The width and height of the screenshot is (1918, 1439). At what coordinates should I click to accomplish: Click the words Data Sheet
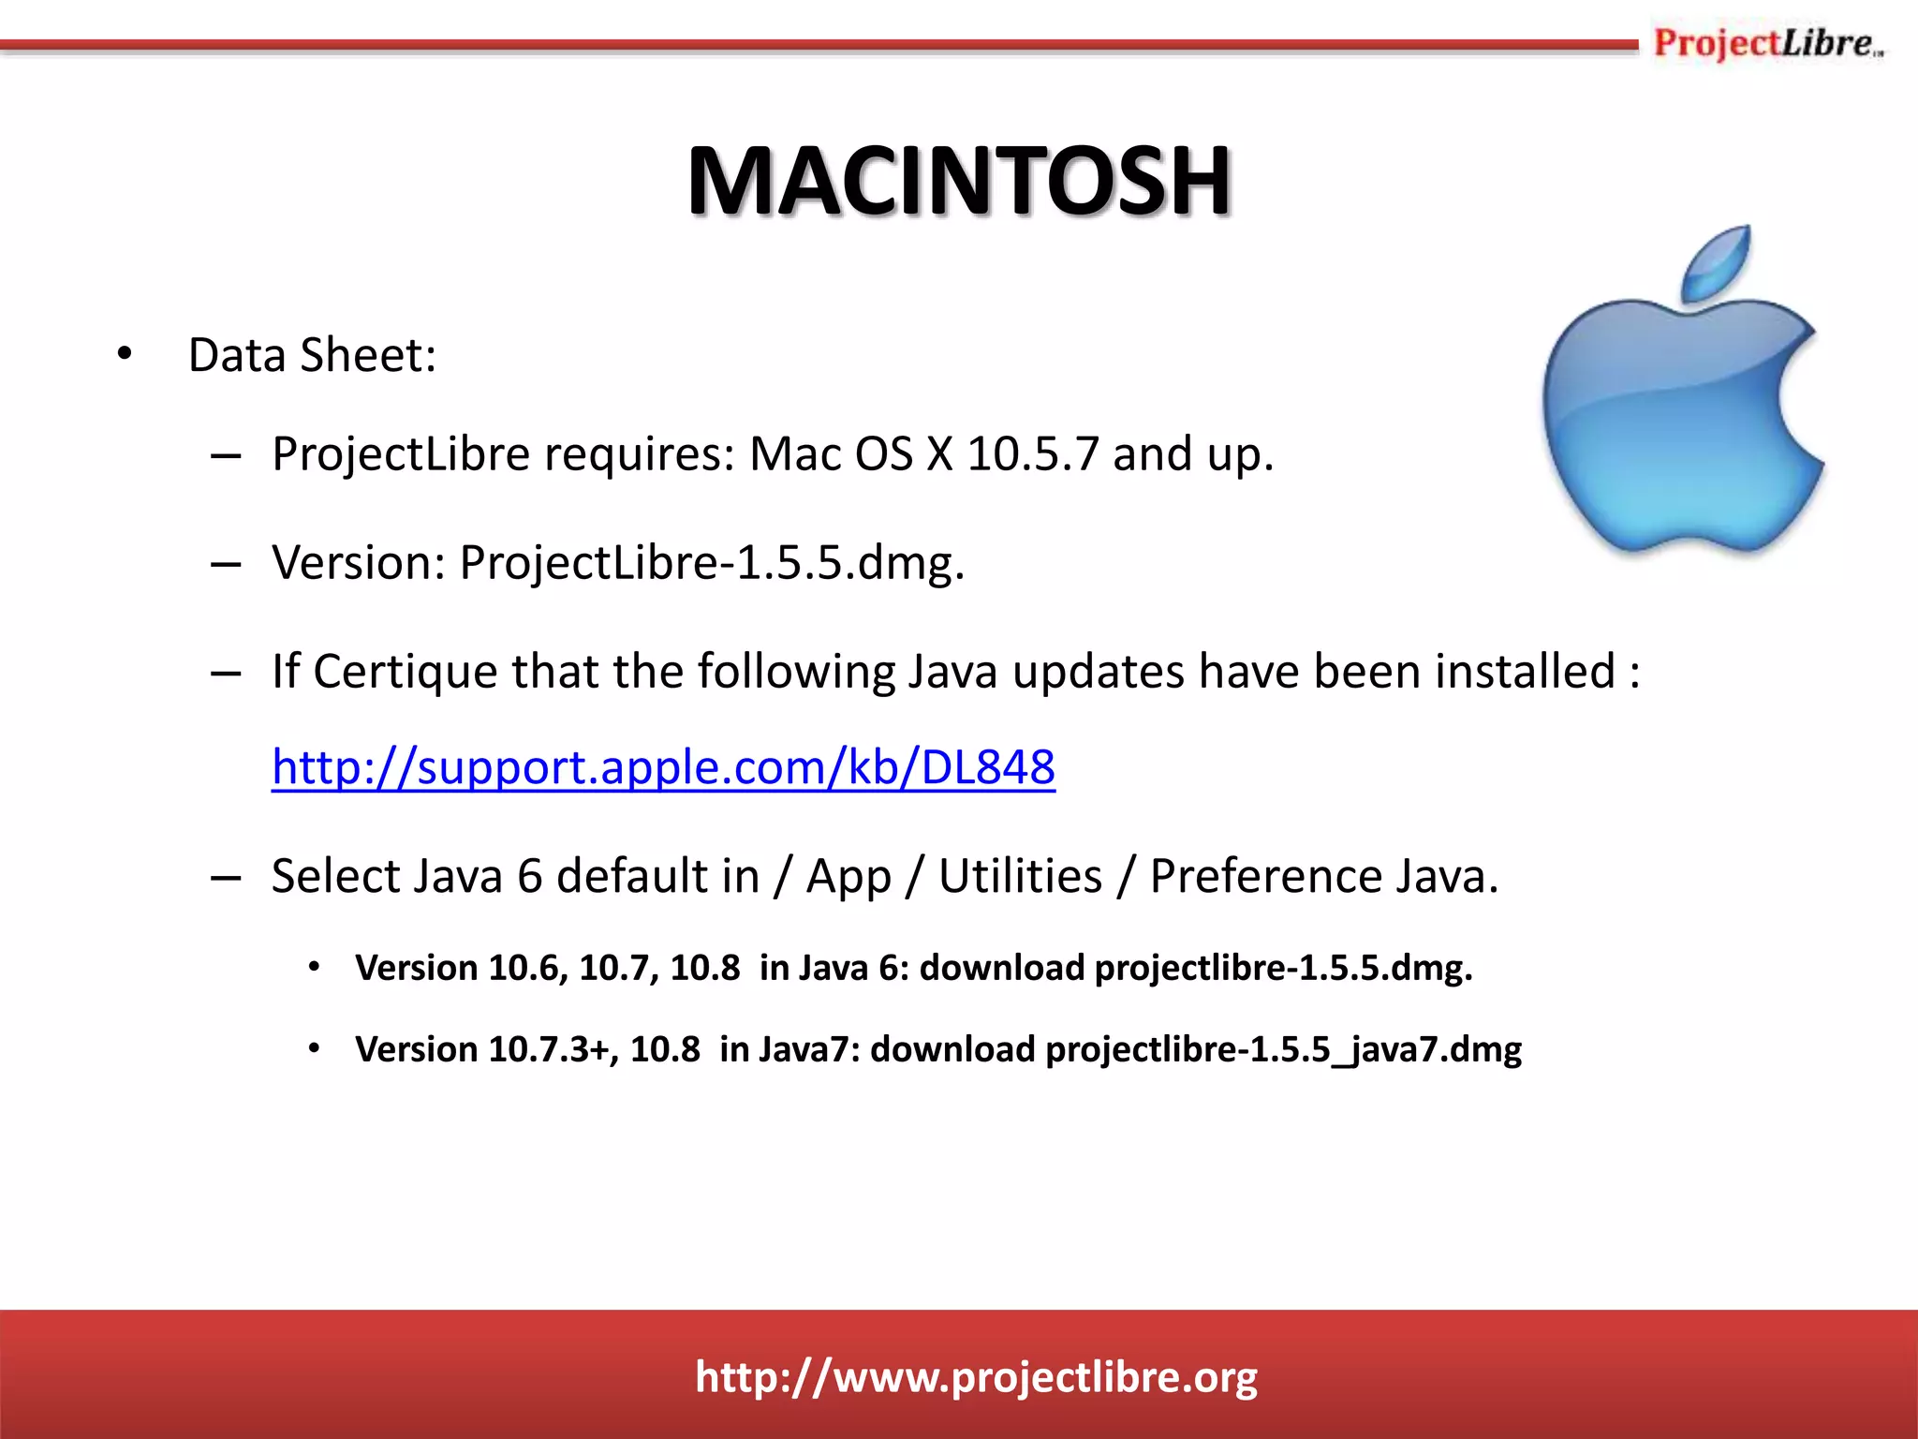[312, 355]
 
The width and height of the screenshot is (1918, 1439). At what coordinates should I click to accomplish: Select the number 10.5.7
[1032, 454]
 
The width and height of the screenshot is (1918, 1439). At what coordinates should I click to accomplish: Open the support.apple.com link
[663, 767]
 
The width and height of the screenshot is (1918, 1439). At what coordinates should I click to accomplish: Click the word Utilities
[1020, 877]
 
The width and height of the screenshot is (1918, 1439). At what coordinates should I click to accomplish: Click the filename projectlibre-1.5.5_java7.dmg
[1283, 1049]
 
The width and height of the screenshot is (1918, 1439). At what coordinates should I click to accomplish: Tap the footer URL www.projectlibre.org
[976, 1377]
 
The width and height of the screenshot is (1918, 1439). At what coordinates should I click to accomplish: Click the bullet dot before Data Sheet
[125, 355]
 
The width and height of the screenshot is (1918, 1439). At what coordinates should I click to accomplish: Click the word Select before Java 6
[334, 877]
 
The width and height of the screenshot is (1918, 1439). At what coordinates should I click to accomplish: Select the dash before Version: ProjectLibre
[226, 564]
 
